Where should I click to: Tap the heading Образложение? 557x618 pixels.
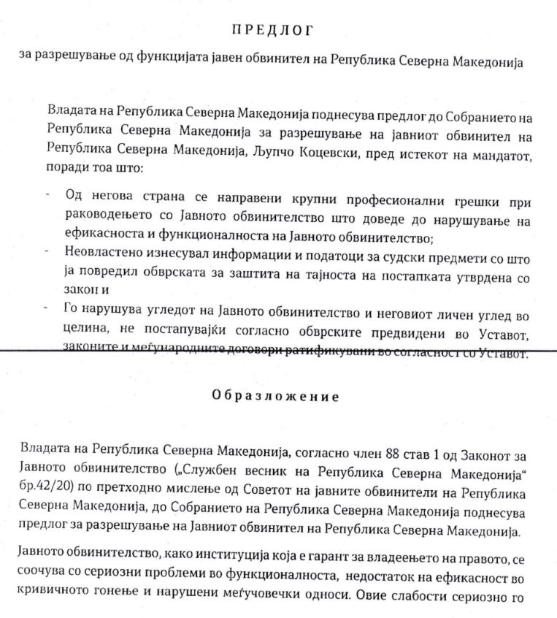275,397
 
